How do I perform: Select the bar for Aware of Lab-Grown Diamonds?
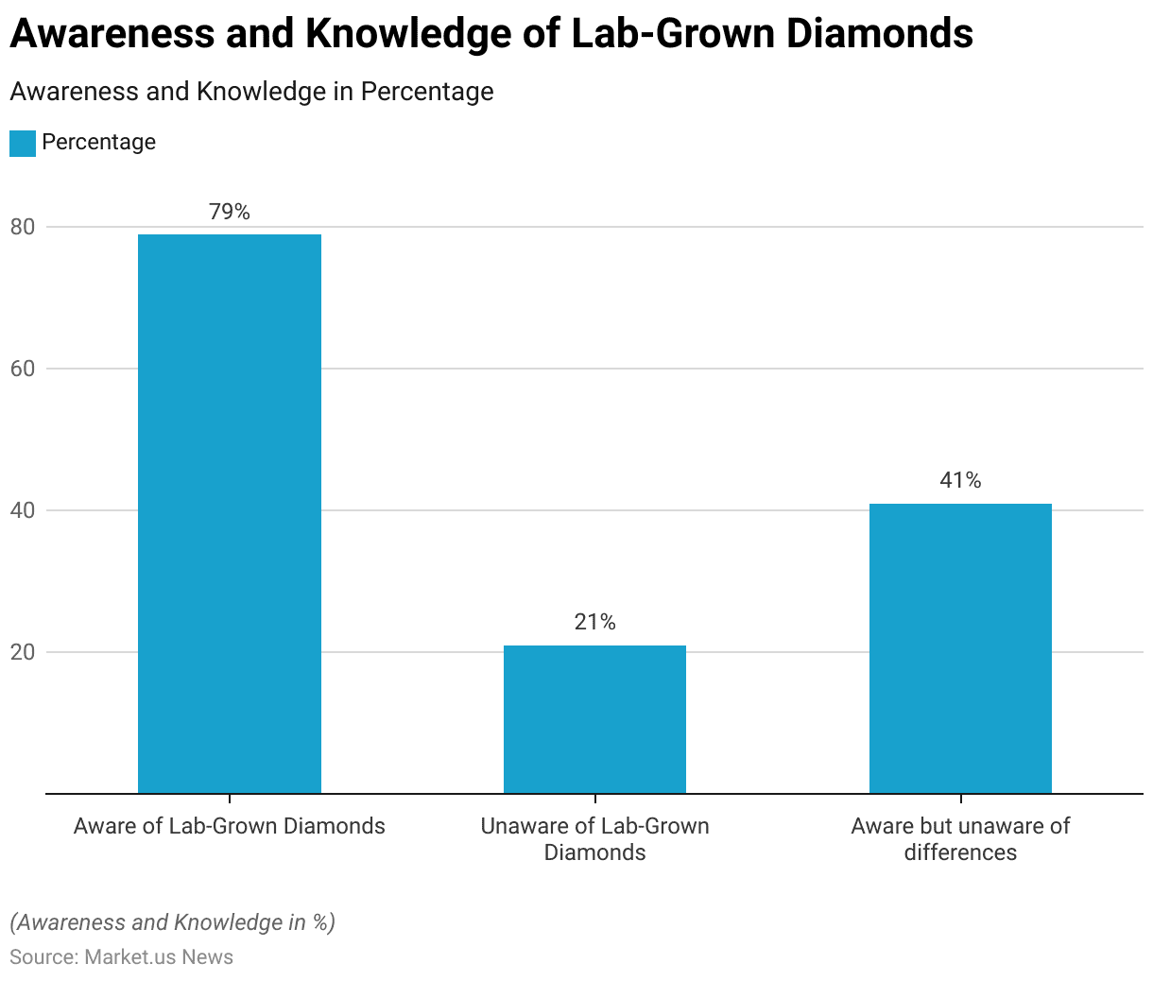[230, 513]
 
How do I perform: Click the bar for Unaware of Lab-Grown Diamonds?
[594, 719]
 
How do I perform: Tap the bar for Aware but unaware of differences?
[960, 648]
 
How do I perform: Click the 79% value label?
[230, 212]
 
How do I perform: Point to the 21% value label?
[594, 622]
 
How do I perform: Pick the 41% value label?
[960, 480]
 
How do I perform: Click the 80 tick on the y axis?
[23, 227]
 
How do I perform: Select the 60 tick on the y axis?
[23, 369]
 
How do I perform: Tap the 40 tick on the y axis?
[23, 510]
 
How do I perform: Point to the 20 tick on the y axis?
[23, 652]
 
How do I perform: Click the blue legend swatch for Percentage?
[23, 143]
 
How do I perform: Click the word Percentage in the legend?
[98, 143]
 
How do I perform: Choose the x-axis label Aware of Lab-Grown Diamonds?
[230, 826]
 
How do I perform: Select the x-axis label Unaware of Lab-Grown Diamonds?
[594, 839]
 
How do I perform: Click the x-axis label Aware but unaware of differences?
[960, 839]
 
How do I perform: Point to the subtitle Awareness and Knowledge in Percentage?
[251, 92]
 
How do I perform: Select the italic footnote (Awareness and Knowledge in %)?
[172, 922]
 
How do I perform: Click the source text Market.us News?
[159, 957]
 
